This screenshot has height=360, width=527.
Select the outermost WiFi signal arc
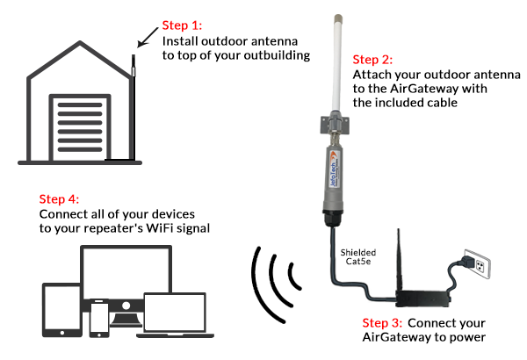tap(256, 278)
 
